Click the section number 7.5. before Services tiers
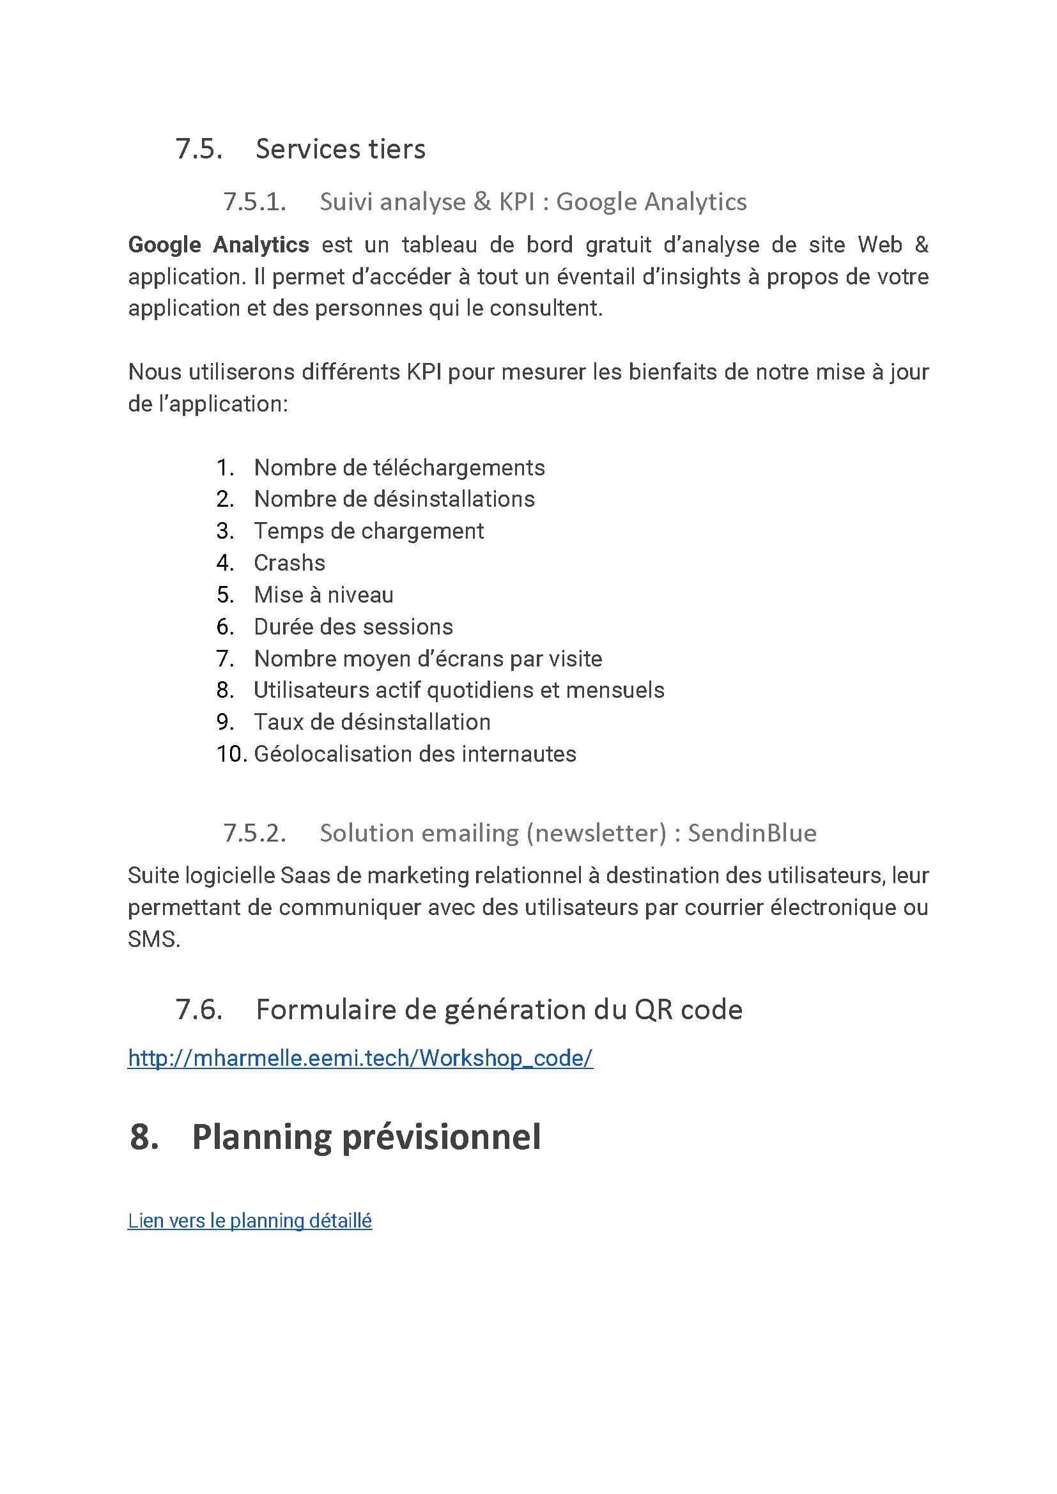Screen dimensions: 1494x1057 coord(199,149)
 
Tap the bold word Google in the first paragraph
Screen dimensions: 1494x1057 coord(164,245)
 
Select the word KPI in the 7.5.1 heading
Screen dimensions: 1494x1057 coord(516,202)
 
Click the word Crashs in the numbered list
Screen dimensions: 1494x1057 coord(289,563)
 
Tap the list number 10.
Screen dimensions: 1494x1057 coord(231,753)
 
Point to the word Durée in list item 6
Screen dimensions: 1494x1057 coord(283,627)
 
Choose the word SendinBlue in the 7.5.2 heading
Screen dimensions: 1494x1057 coord(752,833)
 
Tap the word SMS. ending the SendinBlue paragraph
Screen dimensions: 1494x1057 coord(153,939)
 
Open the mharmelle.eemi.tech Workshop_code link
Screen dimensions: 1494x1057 coord(360,1058)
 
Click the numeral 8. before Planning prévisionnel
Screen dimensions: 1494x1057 coord(144,1137)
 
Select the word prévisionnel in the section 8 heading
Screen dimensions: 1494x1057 coord(441,1137)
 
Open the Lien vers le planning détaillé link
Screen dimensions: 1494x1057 coord(249,1221)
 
